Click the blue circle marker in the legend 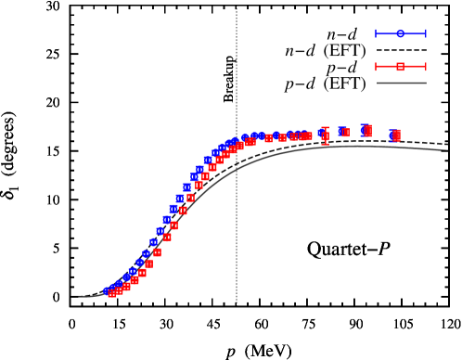click(401, 33)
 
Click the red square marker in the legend click(401, 67)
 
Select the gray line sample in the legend click(402, 84)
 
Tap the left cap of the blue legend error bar click(376, 33)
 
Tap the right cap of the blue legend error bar click(426, 33)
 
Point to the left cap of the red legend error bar click(376, 67)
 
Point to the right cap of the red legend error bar click(426, 67)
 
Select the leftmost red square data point click(111, 293)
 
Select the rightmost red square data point click(396, 135)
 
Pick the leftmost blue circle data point click(108, 291)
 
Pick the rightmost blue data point click(393, 135)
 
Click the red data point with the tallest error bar click(325, 135)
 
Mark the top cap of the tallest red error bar click(325, 127)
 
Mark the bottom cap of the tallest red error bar click(325, 144)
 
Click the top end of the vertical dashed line click(237, 7)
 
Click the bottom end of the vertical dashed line click(237, 304)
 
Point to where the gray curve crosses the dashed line click(237, 169)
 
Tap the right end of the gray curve click(448, 150)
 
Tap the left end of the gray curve click(79, 296)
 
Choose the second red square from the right click(368, 131)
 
